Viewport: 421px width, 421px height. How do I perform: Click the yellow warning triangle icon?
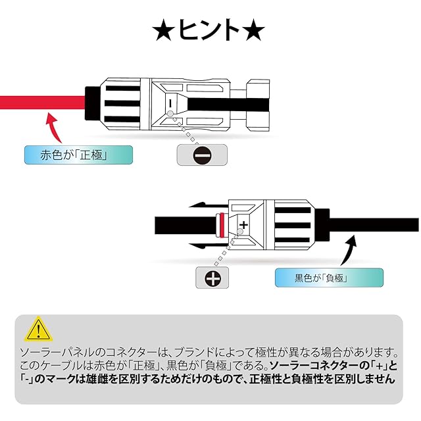point(40,328)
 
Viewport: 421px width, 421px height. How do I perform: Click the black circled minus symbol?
point(203,155)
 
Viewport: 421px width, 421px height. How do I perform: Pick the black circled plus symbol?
point(213,279)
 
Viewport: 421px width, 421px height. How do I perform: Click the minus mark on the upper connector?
point(170,103)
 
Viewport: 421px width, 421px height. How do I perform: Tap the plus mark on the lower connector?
point(245,225)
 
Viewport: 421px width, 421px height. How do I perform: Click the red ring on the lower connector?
point(224,225)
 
